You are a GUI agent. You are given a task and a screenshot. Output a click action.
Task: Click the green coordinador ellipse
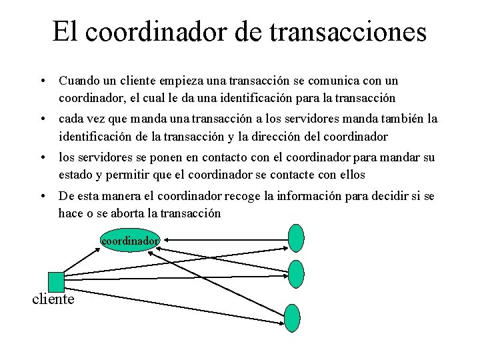(x=130, y=240)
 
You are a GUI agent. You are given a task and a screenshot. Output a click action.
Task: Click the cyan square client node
(x=56, y=281)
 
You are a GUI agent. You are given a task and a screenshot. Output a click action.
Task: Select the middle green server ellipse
(x=296, y=273)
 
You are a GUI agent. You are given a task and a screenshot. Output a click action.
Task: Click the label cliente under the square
(x=53, y=299)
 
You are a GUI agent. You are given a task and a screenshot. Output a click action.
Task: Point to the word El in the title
(x=65, y=32)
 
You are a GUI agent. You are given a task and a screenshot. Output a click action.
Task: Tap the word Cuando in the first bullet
(x=79, y=81)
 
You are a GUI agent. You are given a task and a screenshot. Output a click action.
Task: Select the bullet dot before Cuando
(x=42, y=81)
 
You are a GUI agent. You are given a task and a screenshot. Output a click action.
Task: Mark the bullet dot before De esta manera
(x=42, y=197)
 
